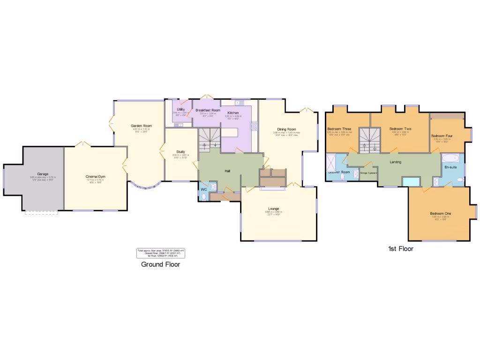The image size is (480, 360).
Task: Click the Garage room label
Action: click(43, 174)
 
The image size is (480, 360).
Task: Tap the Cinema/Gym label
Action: click(95, 177)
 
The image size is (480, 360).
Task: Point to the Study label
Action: click(180, 151)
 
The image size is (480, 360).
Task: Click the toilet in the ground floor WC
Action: click(203, 196)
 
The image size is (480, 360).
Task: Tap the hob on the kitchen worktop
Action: click(255, 126)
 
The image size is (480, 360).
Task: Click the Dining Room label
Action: click(286, 129)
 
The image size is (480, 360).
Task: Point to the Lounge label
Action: click(274, 209)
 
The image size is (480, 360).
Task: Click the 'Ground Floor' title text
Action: click(160, 264)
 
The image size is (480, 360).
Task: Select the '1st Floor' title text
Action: click(400, 249)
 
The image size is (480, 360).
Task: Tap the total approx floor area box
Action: click(161, 253)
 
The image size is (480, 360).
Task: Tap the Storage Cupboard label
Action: click(368, 173)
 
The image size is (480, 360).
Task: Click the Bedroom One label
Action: click(441, 214)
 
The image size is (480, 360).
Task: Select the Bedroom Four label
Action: click(442, 136)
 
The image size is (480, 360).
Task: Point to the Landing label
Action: click(395, 162)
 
